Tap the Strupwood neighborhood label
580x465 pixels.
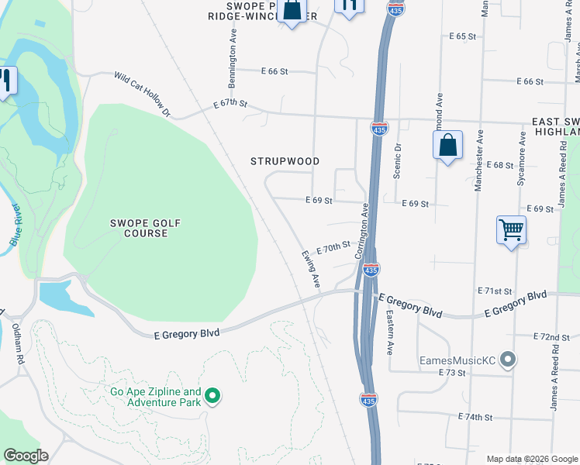tap(285, 161)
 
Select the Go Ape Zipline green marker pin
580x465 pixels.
tap(211, 398)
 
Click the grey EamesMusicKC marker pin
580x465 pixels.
tap(508, 360)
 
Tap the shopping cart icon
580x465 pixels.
tap(512, 229)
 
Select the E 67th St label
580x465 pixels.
tap(230, 103)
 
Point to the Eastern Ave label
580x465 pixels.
tap(389, 332)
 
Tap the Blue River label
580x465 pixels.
tap(14, 226)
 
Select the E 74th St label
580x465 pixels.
tap(475, 417)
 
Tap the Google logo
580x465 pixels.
tap(26, 455)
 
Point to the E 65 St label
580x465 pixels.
tap(462, 36)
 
